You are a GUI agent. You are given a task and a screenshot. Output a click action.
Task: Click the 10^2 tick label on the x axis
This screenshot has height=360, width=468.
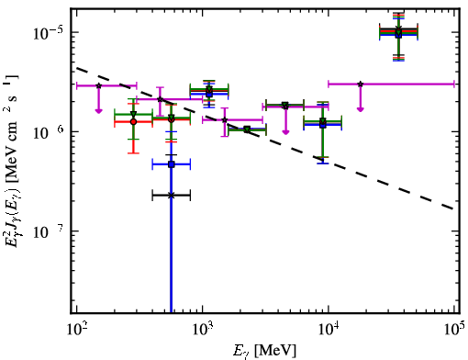76,329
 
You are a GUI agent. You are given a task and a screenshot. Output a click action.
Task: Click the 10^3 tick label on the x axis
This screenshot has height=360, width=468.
202,329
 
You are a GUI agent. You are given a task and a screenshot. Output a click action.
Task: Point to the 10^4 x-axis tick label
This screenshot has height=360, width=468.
329,329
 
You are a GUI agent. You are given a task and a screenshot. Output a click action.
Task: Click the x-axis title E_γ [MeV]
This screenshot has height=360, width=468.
264,351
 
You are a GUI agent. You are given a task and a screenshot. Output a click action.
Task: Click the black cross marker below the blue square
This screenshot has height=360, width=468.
172,196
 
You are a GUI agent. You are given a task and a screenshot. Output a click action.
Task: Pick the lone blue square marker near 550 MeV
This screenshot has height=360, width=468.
172,164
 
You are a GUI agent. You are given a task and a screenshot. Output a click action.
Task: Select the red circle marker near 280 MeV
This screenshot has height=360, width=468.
133,122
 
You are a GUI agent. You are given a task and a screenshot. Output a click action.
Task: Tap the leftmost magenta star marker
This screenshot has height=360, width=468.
98,85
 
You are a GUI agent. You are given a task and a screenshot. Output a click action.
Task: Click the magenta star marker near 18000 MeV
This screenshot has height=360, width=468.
361,84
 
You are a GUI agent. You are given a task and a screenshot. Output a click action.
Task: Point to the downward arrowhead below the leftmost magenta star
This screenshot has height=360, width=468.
98,111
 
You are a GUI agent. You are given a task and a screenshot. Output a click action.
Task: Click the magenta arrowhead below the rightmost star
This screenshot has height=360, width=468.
361,109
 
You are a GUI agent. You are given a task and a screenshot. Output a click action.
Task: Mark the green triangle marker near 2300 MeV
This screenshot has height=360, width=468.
247,129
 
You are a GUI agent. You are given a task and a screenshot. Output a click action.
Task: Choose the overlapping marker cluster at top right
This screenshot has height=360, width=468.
398,32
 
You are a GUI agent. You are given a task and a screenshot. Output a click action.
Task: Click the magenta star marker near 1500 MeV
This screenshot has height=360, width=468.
225,120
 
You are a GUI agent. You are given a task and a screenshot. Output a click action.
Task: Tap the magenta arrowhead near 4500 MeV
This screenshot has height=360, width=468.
285,132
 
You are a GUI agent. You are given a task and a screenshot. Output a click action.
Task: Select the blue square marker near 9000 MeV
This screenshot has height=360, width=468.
323,125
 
